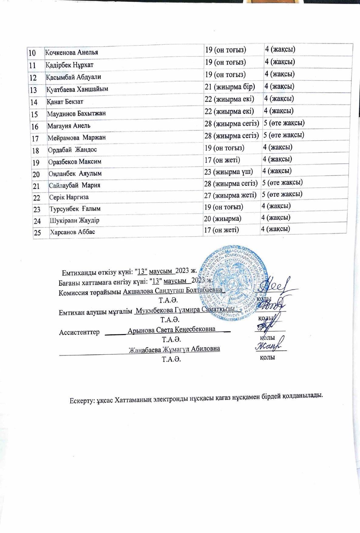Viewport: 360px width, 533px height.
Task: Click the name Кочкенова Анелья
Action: tap(72, 52)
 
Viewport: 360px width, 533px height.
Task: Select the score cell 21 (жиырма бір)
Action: tap(230, 87)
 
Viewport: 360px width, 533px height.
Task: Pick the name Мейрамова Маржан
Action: tap(76, 138)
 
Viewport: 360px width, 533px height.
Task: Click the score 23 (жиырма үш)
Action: tap(229, 172)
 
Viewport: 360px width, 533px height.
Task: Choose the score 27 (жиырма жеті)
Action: tap(230, 195)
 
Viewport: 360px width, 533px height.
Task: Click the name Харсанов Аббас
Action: tap(73, 232)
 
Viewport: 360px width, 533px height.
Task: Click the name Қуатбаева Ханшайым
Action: tap(77, 89)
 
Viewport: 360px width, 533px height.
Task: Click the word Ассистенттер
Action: tap(79, 332)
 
